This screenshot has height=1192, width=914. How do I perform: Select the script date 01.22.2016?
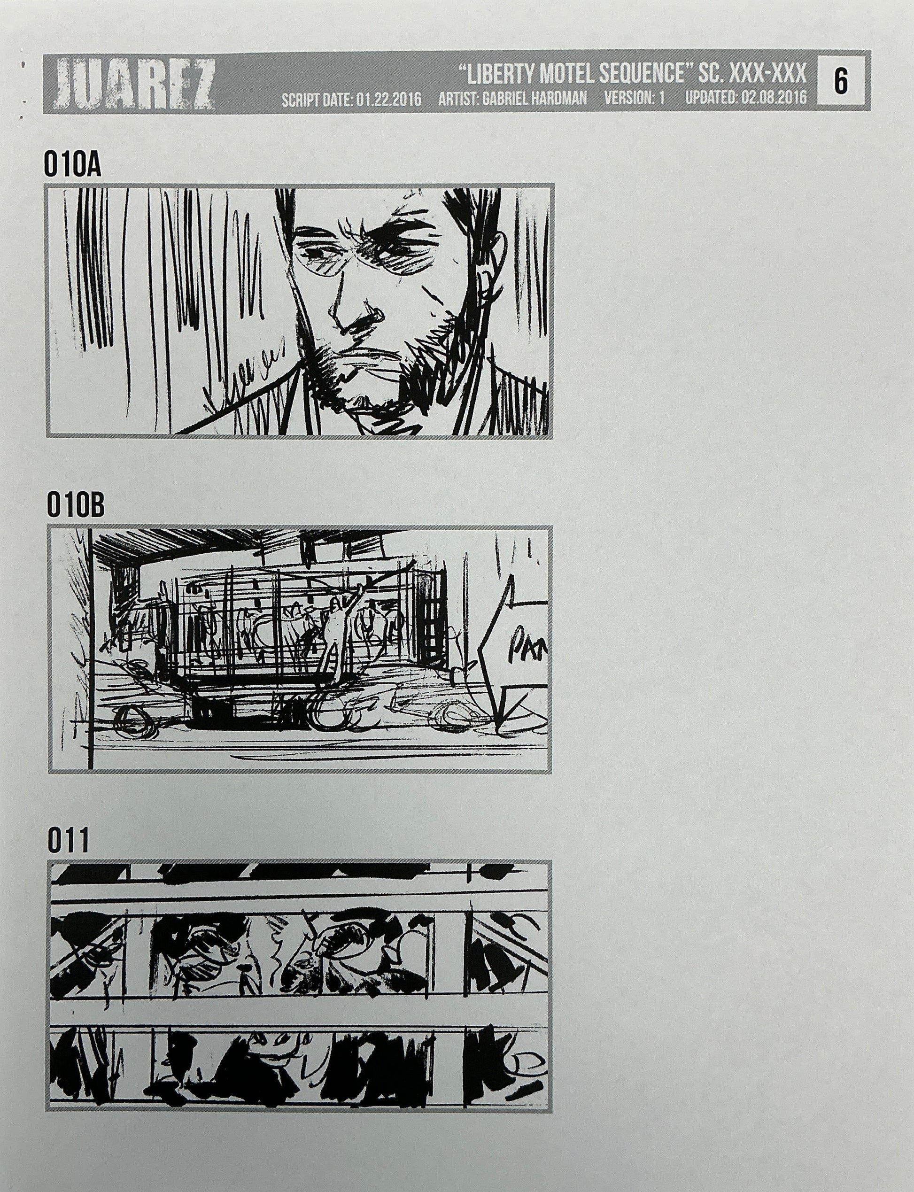pyautogui.click(x=388, y=100)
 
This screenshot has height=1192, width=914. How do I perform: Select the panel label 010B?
pyautogui.click(x=75, y=506)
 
